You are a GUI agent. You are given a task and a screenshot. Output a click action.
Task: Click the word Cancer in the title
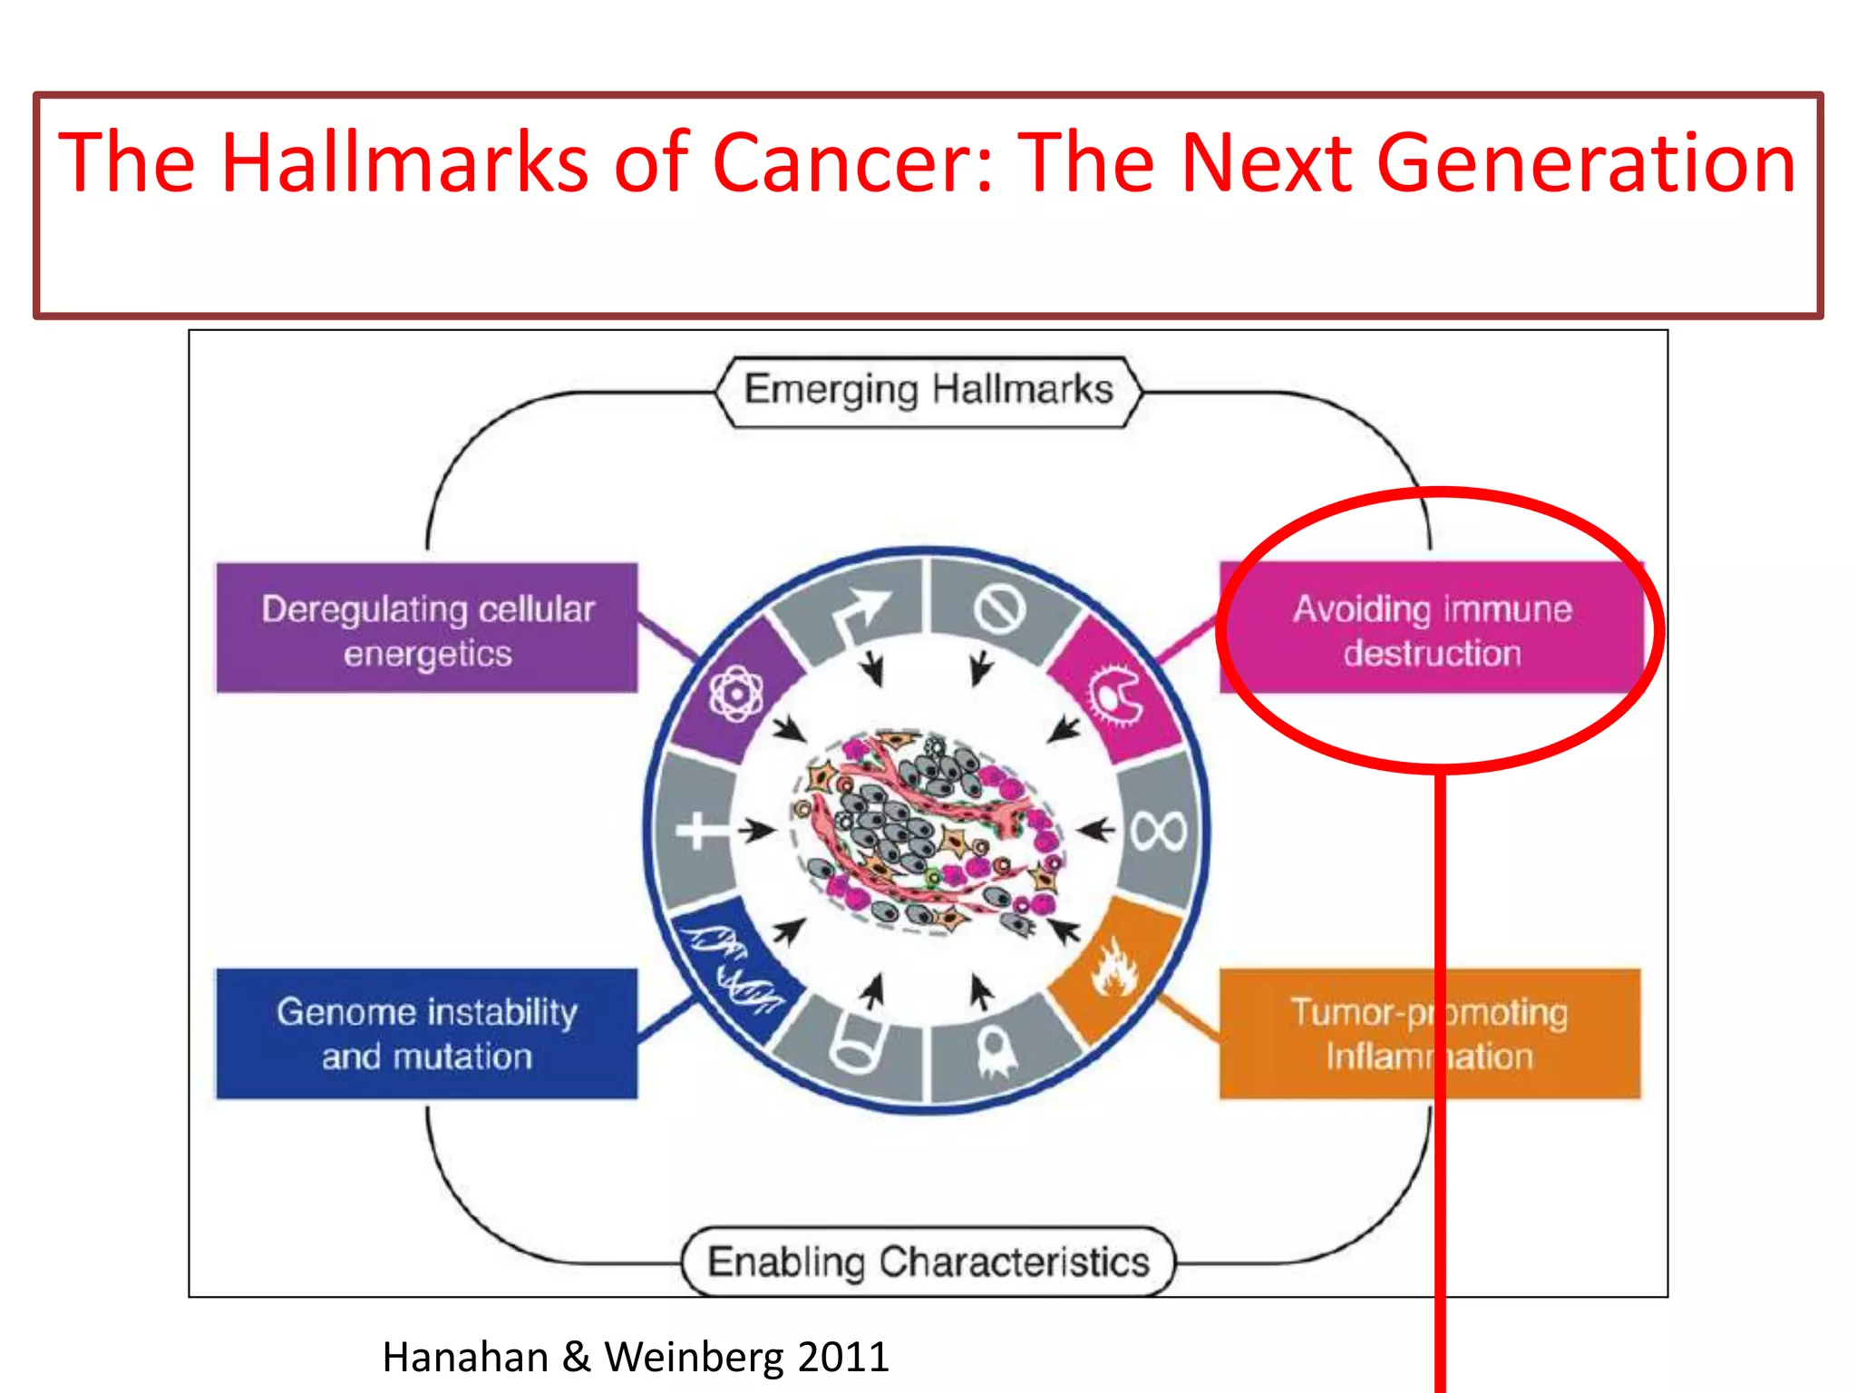tap(852, 163)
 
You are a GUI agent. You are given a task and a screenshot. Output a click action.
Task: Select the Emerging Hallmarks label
tap(928, 390)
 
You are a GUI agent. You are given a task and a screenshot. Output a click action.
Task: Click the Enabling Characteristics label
tap(928, 1261)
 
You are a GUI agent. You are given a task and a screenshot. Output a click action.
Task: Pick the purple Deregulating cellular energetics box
tap(426, 628)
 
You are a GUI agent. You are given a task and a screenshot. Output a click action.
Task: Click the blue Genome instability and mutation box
tap(426, 1034)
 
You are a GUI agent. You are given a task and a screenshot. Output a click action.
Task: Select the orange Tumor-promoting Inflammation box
tap(1429, 1034)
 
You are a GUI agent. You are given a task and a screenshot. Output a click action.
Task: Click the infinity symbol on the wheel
tap(1159, 830)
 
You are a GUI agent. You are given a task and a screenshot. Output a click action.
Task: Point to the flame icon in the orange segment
tap(1114, 969)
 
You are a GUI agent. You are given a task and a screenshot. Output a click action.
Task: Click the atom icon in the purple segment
tap(736, 695)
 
